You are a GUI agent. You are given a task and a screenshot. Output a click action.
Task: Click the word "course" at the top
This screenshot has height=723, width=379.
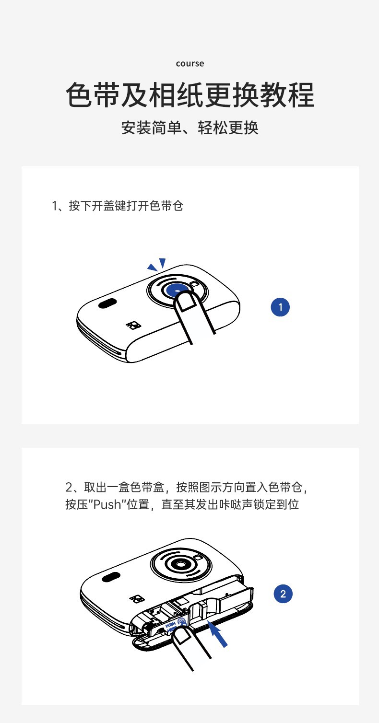189,64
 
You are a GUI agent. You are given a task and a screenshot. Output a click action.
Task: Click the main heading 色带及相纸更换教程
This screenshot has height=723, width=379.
190,94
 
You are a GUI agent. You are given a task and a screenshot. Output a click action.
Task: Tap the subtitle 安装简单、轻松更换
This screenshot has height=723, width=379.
189,128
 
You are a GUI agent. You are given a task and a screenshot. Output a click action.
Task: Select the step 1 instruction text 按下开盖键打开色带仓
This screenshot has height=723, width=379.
126,206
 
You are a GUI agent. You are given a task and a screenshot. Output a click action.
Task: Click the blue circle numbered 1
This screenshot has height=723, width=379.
280,307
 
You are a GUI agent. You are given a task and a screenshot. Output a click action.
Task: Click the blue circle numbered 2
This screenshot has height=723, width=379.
283,594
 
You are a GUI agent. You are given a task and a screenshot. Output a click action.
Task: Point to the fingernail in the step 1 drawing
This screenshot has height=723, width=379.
187,301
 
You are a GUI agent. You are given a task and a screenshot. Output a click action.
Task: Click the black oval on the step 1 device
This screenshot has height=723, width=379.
107,303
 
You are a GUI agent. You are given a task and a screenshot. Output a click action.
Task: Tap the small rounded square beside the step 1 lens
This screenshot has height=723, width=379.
195,284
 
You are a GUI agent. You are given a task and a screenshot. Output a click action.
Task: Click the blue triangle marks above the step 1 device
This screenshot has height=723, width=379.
157,264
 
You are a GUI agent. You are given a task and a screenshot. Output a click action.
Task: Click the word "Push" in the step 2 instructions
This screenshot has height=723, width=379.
107,504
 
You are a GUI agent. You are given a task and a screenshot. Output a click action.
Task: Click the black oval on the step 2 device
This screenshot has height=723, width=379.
111,577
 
